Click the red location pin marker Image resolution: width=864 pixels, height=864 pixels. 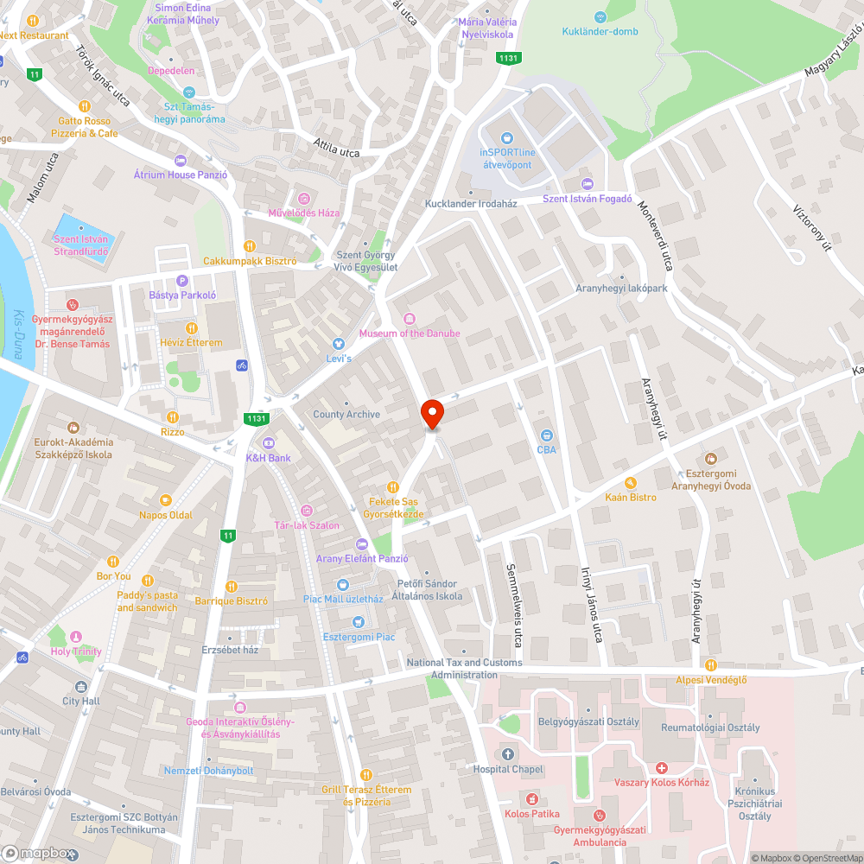click(x=431, y=413)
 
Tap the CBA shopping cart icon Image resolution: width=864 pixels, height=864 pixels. click(x=546, y=435)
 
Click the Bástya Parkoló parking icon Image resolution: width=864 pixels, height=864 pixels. click(x=181, y=280)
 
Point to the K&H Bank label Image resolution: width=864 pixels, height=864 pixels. click(x=269, y=458)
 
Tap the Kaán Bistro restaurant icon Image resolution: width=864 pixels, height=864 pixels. click(x=631, y=482)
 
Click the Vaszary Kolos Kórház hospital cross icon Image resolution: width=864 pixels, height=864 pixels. click(x=661, y=767)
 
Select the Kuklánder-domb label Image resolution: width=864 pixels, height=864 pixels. click(x=600, y=33)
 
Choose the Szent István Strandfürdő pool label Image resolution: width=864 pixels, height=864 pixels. click(x=80, y=245)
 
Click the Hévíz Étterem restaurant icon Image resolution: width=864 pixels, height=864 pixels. click(x=191, y=327)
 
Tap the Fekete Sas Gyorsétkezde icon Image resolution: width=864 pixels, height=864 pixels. click(x=393, y=486)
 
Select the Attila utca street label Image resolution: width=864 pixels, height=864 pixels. click(x=336, y=151)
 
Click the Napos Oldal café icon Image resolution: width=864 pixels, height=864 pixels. click(x=165, y=499)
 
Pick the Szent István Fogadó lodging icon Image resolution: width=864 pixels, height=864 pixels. click(x=587, y=183)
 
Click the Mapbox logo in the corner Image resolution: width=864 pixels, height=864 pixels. click(x=38, y=853)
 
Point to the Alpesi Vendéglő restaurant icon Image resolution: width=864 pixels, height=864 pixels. click(x=710, y=664)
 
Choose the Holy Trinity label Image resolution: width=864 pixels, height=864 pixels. click(x=76, y=651)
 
